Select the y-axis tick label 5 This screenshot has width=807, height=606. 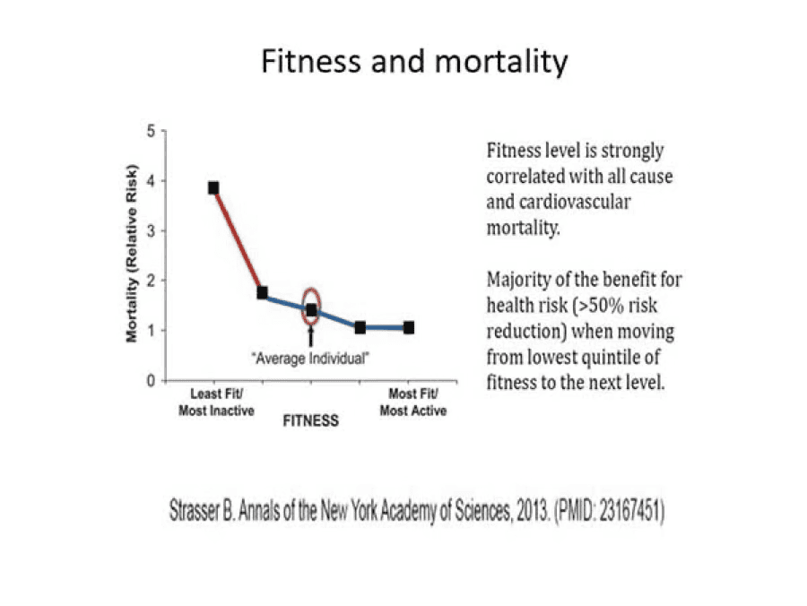pyautogui.click(x=151, y=131)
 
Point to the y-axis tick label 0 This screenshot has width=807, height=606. pyautogui.click(x=151, y=380)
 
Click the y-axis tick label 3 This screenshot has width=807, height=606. pyautogui.click(x=151, y=230)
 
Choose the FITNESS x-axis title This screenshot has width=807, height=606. pyautogui.click(x=311, y=420)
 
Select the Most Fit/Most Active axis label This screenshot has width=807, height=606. pyautogui.click(x=412, y=402)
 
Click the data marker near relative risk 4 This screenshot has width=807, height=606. pyautogui.click(x=213, y=187)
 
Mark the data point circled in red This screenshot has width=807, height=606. pyautogui.click(x=311, y=310)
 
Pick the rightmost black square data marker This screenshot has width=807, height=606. pyautogui.click(x=409, y=327)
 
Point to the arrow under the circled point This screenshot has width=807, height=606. pyautogui.click(x=311, y=336)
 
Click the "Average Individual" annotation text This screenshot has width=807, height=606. pyautogui.click(x=311, y=357)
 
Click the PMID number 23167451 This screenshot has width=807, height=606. pyautogui.click(x=626, y=517)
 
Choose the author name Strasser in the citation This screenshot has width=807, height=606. pyautogui.click(x=199, y=517)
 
